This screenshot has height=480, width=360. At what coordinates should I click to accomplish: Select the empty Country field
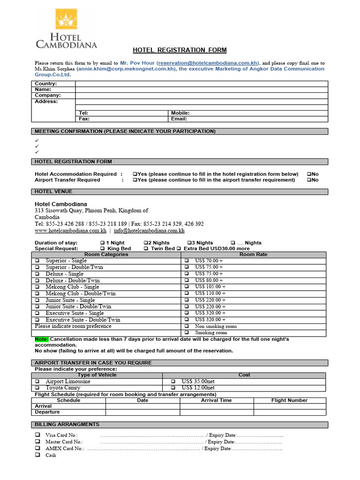(x=202, y=84)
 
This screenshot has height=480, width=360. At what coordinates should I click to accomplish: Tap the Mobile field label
(x=180, y=113)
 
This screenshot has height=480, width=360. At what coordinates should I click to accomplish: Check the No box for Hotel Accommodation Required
(x=309, y=174)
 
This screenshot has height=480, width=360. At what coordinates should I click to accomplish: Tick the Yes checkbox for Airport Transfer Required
(x=135, y=180)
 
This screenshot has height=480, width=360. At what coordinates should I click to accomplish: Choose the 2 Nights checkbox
(x=145, y=243)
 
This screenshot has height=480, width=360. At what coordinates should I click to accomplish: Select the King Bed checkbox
(x=102, y=248)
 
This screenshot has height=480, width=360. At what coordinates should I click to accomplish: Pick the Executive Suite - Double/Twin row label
(x=82, y=320)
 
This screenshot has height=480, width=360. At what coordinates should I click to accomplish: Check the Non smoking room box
(x=186, y=326)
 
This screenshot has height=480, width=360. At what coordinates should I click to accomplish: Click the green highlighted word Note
(x=41, y=339)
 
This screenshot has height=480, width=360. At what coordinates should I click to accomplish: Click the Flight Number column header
(x=289, y=400)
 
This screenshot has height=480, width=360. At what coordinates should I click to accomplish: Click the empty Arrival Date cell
(x=142, y=406)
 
